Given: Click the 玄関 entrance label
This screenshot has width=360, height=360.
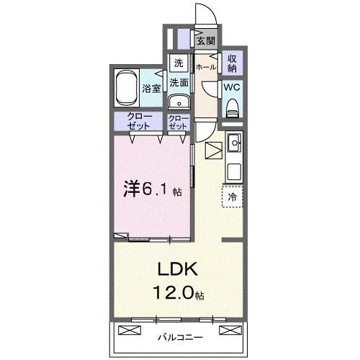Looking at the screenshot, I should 207,41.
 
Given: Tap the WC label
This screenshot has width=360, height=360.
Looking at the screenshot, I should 232,86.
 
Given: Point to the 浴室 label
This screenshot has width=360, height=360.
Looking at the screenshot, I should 150,90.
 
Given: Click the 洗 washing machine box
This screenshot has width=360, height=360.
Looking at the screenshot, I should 179,61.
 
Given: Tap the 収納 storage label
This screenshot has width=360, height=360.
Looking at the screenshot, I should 232,63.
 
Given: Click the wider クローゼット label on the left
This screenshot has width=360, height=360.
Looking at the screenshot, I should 139,121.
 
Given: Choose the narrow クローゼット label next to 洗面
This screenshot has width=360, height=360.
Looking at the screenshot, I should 178,121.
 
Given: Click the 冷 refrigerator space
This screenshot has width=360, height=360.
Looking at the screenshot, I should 233,196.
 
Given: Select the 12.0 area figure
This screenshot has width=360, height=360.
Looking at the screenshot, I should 174,294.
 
